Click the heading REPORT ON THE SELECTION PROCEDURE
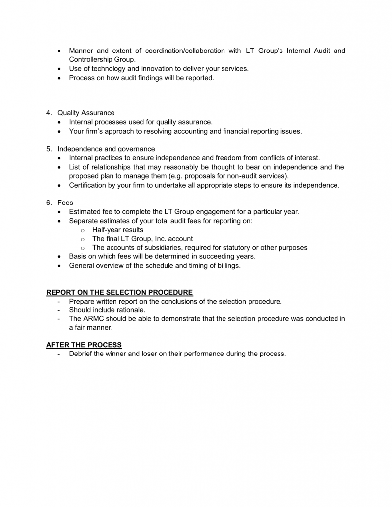coord(119,292)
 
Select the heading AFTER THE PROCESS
coord(84,345)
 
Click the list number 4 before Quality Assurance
coord(49,113)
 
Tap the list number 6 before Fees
coord(49,203)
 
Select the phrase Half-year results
coord(117,230)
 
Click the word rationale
coord(130,310)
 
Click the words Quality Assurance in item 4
coord(86,113)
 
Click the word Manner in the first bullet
coord(81,51)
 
